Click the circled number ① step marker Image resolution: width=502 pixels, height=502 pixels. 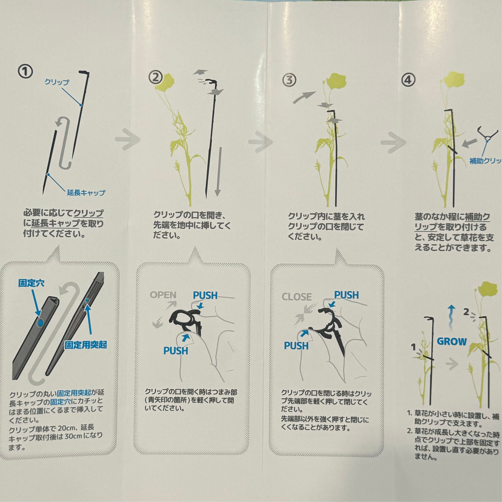pyautogui.click(x=25, y=72)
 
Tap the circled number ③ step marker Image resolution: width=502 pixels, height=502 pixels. pyautogui.click(x=289, y=80)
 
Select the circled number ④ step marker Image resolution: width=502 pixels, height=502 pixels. pyautogui.click(x=408, y=80)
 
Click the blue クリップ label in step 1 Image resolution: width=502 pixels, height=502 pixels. pyautogui.click(x=57, y=82)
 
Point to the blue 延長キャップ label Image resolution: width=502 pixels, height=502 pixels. pyautogui.click(x=86, y=192)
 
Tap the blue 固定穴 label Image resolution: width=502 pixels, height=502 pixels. pyautogui.click(x=31, y=283)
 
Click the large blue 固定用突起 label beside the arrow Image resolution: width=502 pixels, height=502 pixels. pyautogui.click(x=85, y=345)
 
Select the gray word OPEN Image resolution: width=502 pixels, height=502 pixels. pyautogui.click(x=163, y=295)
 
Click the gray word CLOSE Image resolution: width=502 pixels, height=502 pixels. pyautogui.click(x=296, y=297)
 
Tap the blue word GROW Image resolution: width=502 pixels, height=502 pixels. pyautogui.click(x=452, y=341)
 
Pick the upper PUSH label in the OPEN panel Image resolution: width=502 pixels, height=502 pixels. pyautogui.click(x=205, y=295)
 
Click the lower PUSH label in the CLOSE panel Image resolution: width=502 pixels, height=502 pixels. pyautogui.click(x=296, y=346)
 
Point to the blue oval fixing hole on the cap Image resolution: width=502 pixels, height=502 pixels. pyautogui.click(x=41, y=323)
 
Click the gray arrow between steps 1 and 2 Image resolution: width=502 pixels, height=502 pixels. pyautogui.click(x=127, y=139)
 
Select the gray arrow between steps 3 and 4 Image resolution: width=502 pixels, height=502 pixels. pyautogui.click(x=393, y=142)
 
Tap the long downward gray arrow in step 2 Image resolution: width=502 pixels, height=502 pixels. pyautogui.click(x=218, y=172)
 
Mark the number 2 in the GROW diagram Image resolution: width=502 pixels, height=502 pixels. pyautogui.click(x=466, y=312)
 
